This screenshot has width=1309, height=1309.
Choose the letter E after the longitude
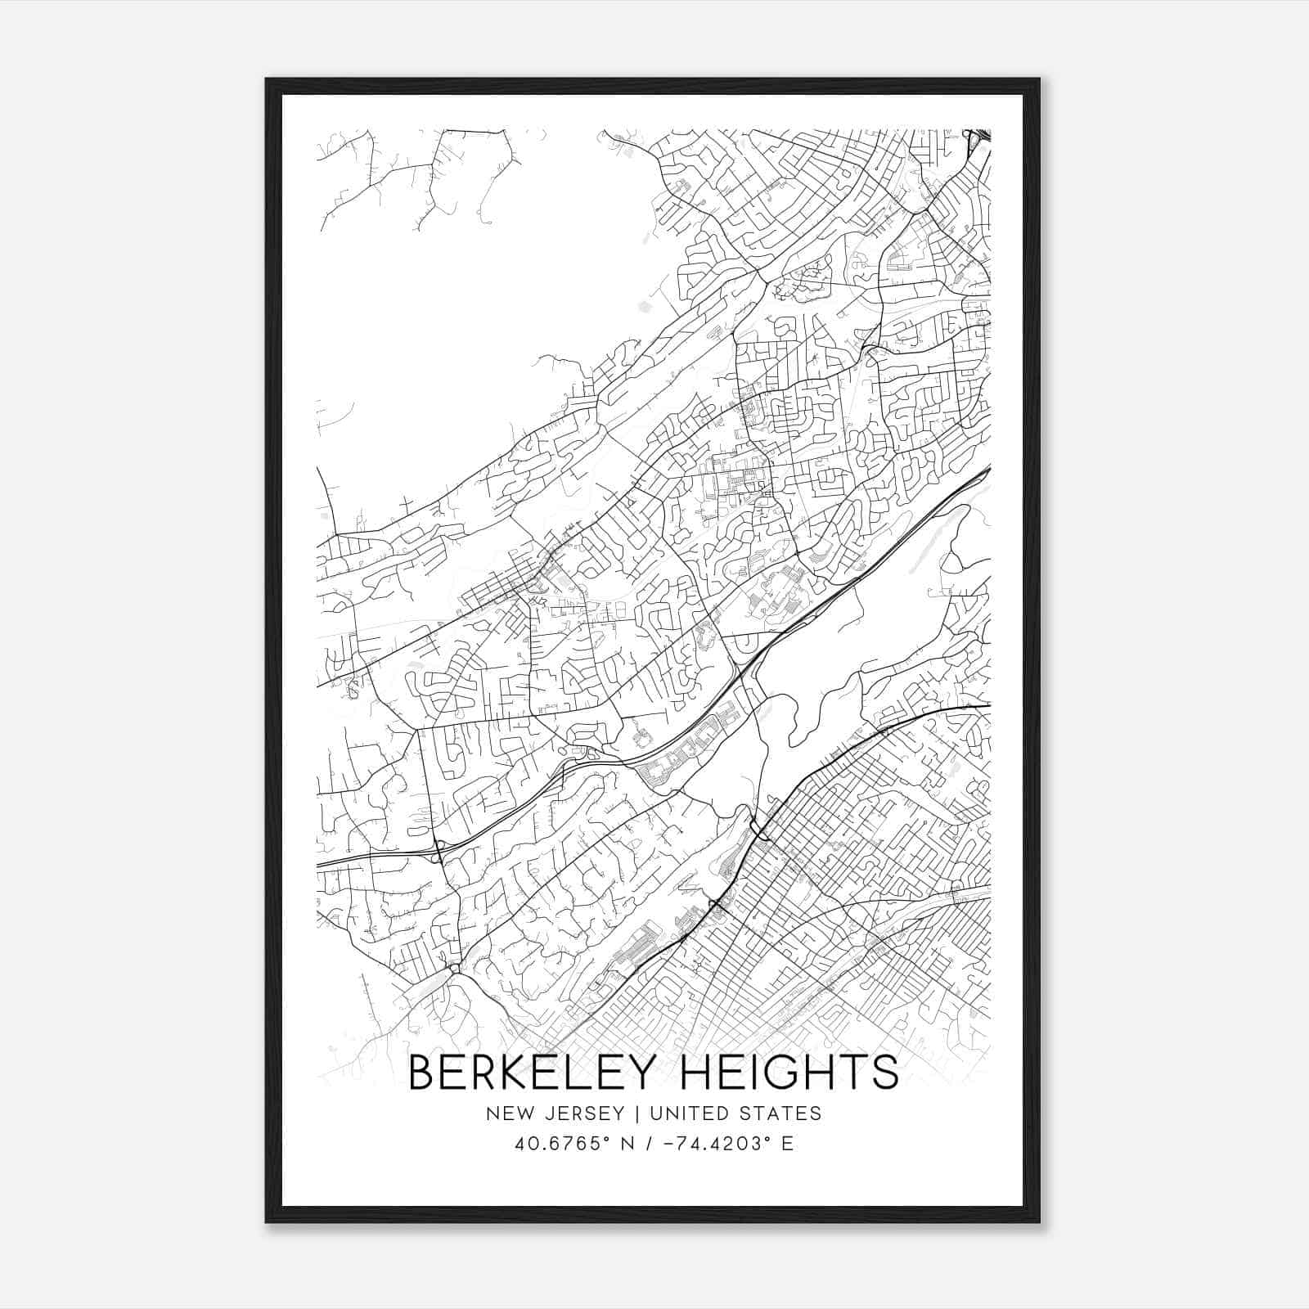pyautogui.click(x=787, y=1144)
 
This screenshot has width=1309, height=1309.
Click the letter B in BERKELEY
pyautogui.click(x=421, y=1072)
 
